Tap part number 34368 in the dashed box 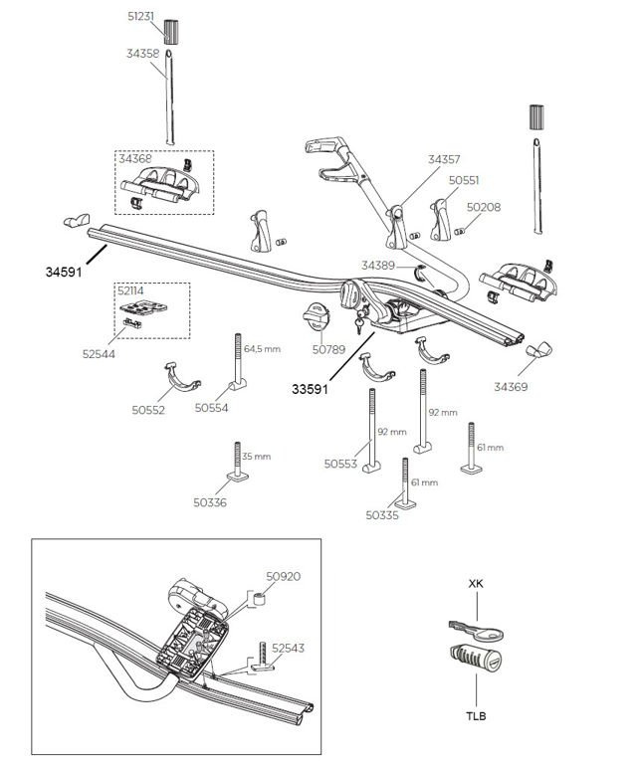point(135,157)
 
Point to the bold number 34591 point(62,270)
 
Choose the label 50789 point(327,349)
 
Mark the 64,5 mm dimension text point(263,349)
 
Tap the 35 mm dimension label point(256,457)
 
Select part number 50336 point(211,502)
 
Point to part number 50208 point(484,208)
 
